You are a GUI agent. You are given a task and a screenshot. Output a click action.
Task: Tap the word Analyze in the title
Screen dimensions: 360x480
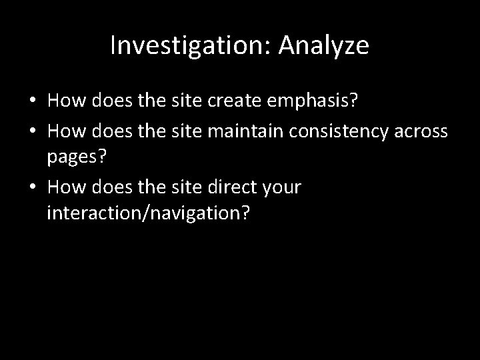coord(323,45)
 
